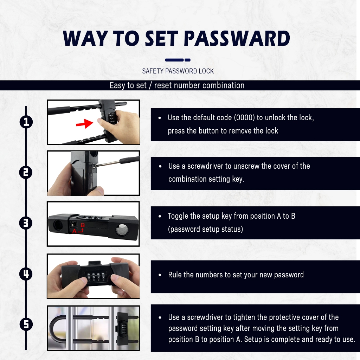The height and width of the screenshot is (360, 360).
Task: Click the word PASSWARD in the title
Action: tap(237, 38)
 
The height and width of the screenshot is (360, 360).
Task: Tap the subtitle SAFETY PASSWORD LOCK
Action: tap(178, 71)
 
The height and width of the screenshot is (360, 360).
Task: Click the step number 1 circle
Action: tap(26, 122)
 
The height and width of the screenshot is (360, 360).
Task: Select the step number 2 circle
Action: tap(26, 172)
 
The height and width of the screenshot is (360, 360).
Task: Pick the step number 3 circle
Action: tap(26, 223)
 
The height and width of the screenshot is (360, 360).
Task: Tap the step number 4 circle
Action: tap(26, 274)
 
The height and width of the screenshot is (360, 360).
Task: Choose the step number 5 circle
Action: tap(26, 324)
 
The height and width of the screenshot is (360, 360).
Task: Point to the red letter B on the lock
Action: tap(83, 225)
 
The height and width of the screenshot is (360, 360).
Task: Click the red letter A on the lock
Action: tap(75, 231)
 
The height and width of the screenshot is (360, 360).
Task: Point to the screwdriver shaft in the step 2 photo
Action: tap(108, 163)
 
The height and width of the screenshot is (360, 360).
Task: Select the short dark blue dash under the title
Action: tap(188, 60)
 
